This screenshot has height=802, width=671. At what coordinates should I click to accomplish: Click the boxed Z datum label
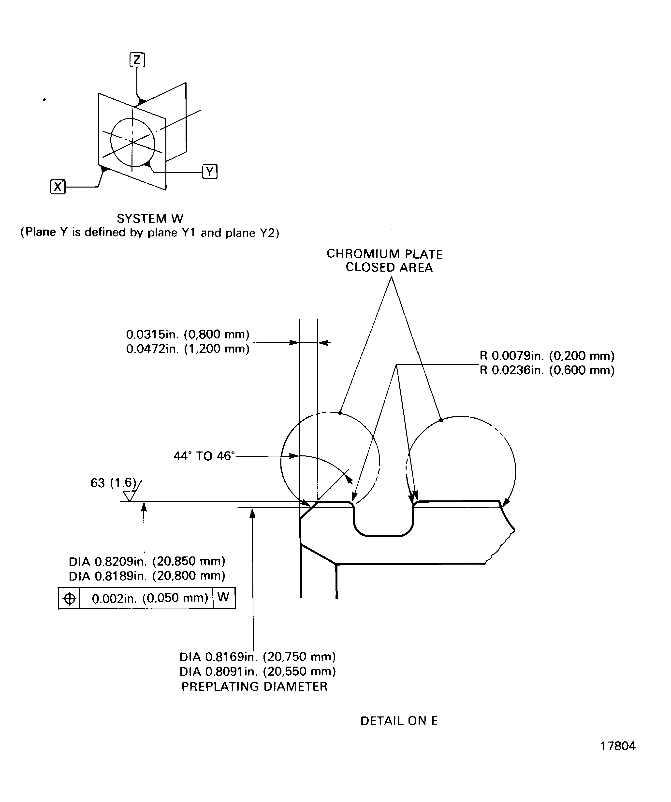click(x=137, y=59)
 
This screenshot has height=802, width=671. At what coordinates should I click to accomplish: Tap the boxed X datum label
click(x=58, y=187)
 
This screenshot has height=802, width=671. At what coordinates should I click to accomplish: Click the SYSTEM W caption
click(x=150, y=219)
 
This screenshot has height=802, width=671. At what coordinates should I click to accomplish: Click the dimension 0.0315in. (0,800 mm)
click(x=188, y=335)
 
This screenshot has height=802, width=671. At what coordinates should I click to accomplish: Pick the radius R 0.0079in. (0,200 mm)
click(x=547, y=356)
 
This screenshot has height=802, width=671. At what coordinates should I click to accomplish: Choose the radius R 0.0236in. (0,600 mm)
click(x=547, y=370)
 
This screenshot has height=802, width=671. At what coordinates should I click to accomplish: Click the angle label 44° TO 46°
click(x=204, y=456)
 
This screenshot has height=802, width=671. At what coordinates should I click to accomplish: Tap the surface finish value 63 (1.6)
click(x=113, y=483)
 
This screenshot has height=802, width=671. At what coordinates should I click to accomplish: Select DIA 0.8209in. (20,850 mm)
click(x=147, y=561)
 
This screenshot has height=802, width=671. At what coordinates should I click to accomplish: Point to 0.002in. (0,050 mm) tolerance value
click(x=150, y=598)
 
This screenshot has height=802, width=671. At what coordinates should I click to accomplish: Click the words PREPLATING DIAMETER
click(x=254, y=686)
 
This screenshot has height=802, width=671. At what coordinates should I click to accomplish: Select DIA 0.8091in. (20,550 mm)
click(x=257, y=671)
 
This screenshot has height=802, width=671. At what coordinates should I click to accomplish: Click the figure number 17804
click(x=617, y=746)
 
